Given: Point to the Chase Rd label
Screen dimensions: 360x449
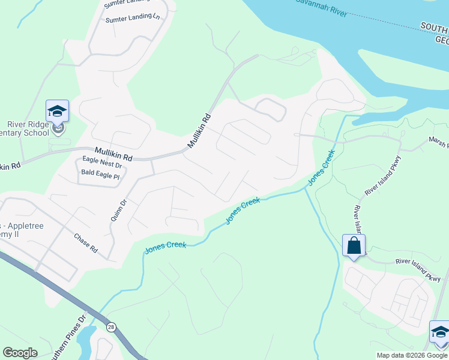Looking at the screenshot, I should [86, 242].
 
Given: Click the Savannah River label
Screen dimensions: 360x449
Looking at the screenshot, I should [321, 7].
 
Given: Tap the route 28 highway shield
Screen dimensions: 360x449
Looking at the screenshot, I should [112, 326].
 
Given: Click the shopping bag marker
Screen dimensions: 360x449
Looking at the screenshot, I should [354, 246].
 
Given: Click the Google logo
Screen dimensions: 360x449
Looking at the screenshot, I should [20, 353].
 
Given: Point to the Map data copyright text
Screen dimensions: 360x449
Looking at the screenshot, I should [412, 355].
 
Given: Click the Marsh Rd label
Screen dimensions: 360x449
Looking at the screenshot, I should [438, 142].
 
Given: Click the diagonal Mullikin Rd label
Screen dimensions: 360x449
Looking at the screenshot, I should [199, 131].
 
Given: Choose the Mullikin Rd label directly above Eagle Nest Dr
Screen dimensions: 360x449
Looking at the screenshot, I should [112, 154].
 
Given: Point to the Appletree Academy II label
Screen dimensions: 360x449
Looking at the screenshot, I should [9, 228].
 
